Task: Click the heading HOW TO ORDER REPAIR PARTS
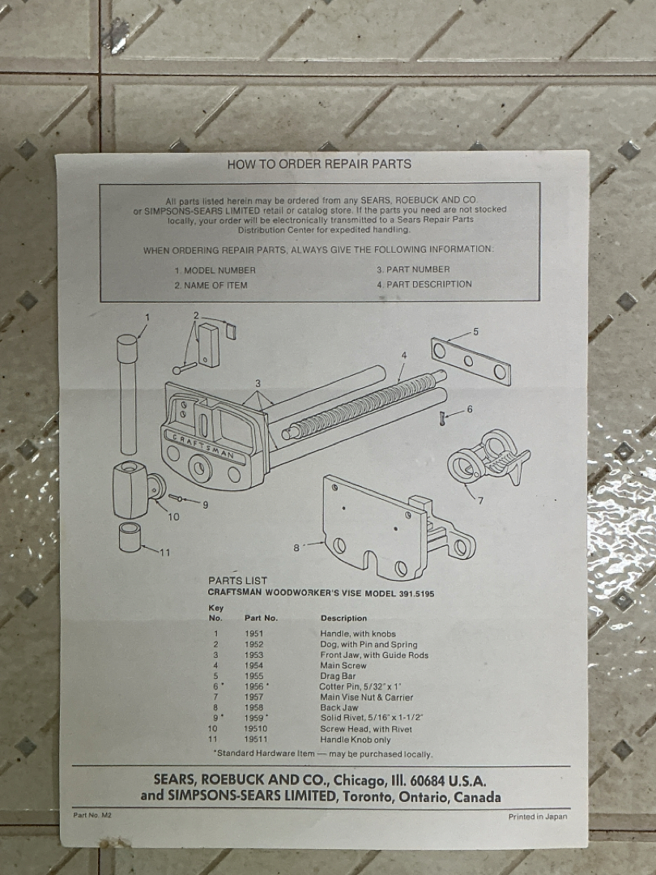pos(319,164)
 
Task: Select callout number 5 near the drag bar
pos(476,331)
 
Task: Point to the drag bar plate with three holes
pos(471,361)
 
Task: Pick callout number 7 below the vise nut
pos(480,501)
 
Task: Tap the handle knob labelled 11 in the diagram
pos(130,537)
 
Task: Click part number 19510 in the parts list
pos(255,729)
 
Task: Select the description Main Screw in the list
pos(343,665)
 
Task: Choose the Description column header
pos(343,618)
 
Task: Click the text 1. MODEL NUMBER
pos(215,271)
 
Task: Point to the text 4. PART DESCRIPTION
pos(424,284)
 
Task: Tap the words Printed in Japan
pos(538,817)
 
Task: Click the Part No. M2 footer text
pos(92,815)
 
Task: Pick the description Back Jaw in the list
pos(339,707)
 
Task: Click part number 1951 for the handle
pos(253,634)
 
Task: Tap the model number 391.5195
pos(416,594)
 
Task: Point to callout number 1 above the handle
pos(147,317)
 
